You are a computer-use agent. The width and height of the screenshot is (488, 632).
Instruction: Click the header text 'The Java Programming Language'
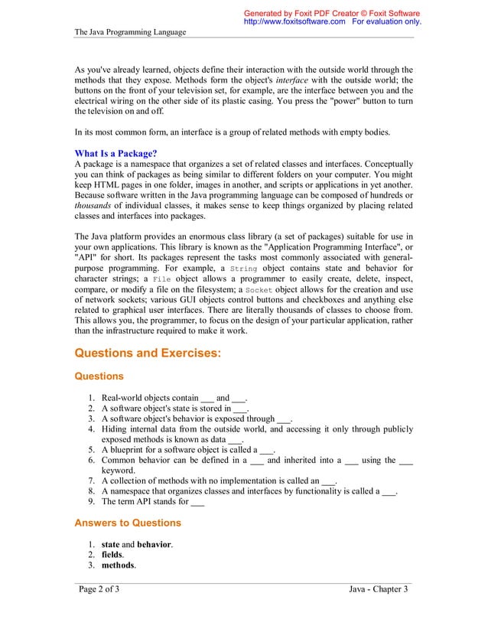(x=130, y=32)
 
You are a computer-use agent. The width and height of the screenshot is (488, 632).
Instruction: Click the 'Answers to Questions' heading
(x=128, y=523)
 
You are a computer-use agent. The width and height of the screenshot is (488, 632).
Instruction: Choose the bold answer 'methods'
(x=118, y=565)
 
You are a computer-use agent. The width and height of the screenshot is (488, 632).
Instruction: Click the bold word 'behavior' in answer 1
(x=154, y=543)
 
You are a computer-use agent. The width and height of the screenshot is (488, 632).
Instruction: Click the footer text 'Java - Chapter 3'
(x=378, y=588)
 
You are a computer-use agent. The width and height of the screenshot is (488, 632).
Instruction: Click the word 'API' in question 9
(x=143, y=502)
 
